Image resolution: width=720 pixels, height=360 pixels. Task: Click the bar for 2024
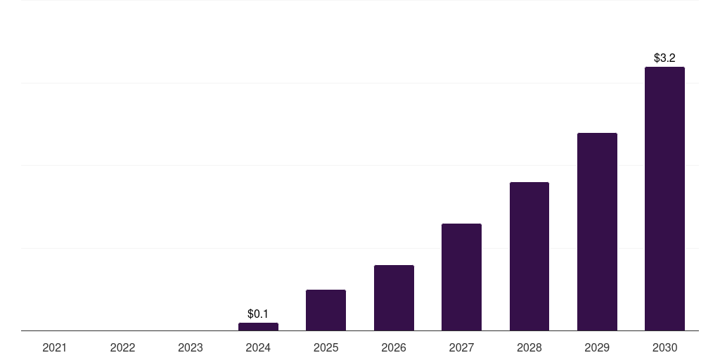[x=258, y=327]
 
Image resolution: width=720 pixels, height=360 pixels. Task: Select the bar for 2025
[x=326, y=310]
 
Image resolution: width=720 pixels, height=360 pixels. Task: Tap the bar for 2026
[x=394, y=298]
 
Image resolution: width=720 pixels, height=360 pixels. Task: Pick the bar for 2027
[x=461, y=277]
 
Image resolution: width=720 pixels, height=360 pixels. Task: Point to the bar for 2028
[x=529, y=257]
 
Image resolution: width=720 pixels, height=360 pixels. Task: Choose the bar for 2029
[x=597, y=232]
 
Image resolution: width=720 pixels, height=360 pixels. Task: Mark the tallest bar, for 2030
[x=664, y=199]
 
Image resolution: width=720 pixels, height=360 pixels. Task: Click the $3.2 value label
[x=664, y=58]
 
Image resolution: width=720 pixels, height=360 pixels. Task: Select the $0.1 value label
[x=258, y=314]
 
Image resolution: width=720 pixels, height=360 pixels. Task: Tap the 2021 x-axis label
[x=55, y=347]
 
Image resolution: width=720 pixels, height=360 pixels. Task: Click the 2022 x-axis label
[x=122, y=347]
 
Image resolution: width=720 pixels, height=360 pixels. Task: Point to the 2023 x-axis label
[x=191, y=347]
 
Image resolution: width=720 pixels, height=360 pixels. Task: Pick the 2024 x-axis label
[x=258, y=347]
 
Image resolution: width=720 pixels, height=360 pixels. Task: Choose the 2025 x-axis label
[x=326, y=347]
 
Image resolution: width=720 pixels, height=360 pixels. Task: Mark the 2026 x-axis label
[x=394, y=347]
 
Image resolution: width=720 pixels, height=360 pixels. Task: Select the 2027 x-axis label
[x=461, y=347]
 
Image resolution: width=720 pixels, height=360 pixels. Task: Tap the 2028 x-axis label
[x=529, y=347]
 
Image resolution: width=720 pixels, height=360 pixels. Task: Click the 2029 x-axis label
[x=597, y=347]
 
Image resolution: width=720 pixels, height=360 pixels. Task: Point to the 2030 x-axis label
[x=664, y=347]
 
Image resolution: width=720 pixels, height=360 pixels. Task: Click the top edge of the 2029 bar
[x=597, y=134]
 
